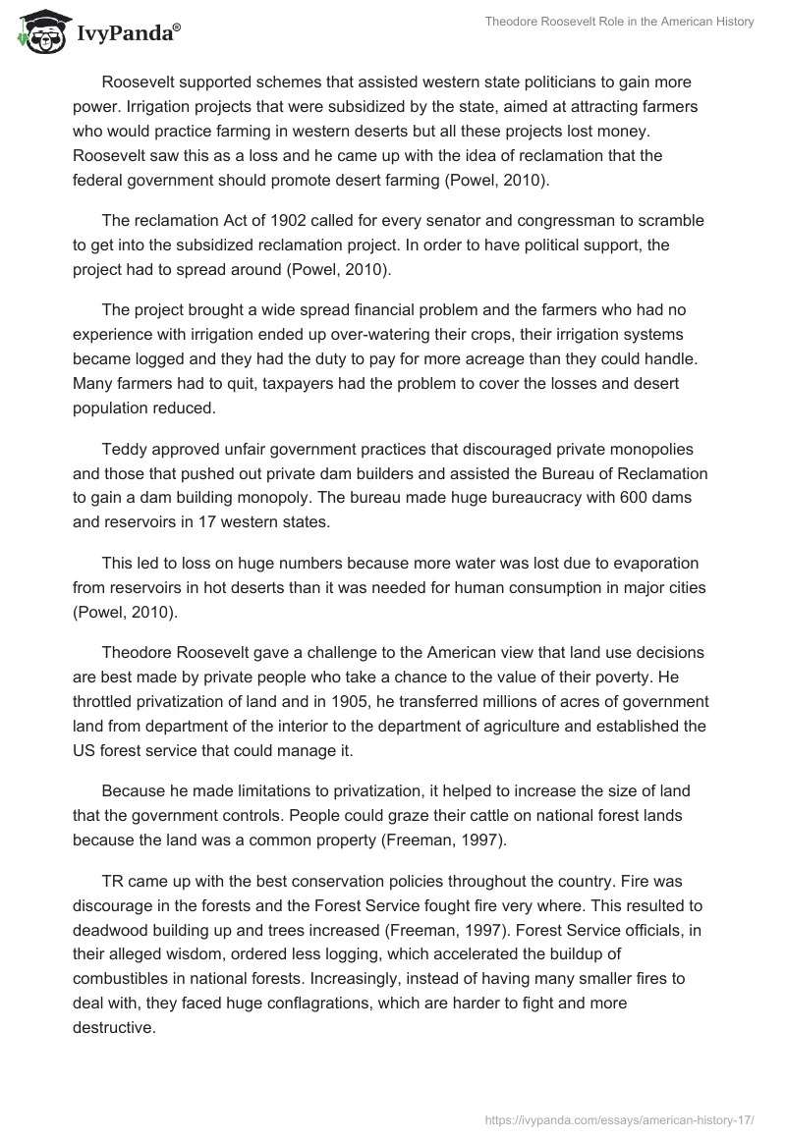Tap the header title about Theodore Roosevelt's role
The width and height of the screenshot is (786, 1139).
point(620,23)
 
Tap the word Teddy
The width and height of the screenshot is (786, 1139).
point(125,450)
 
